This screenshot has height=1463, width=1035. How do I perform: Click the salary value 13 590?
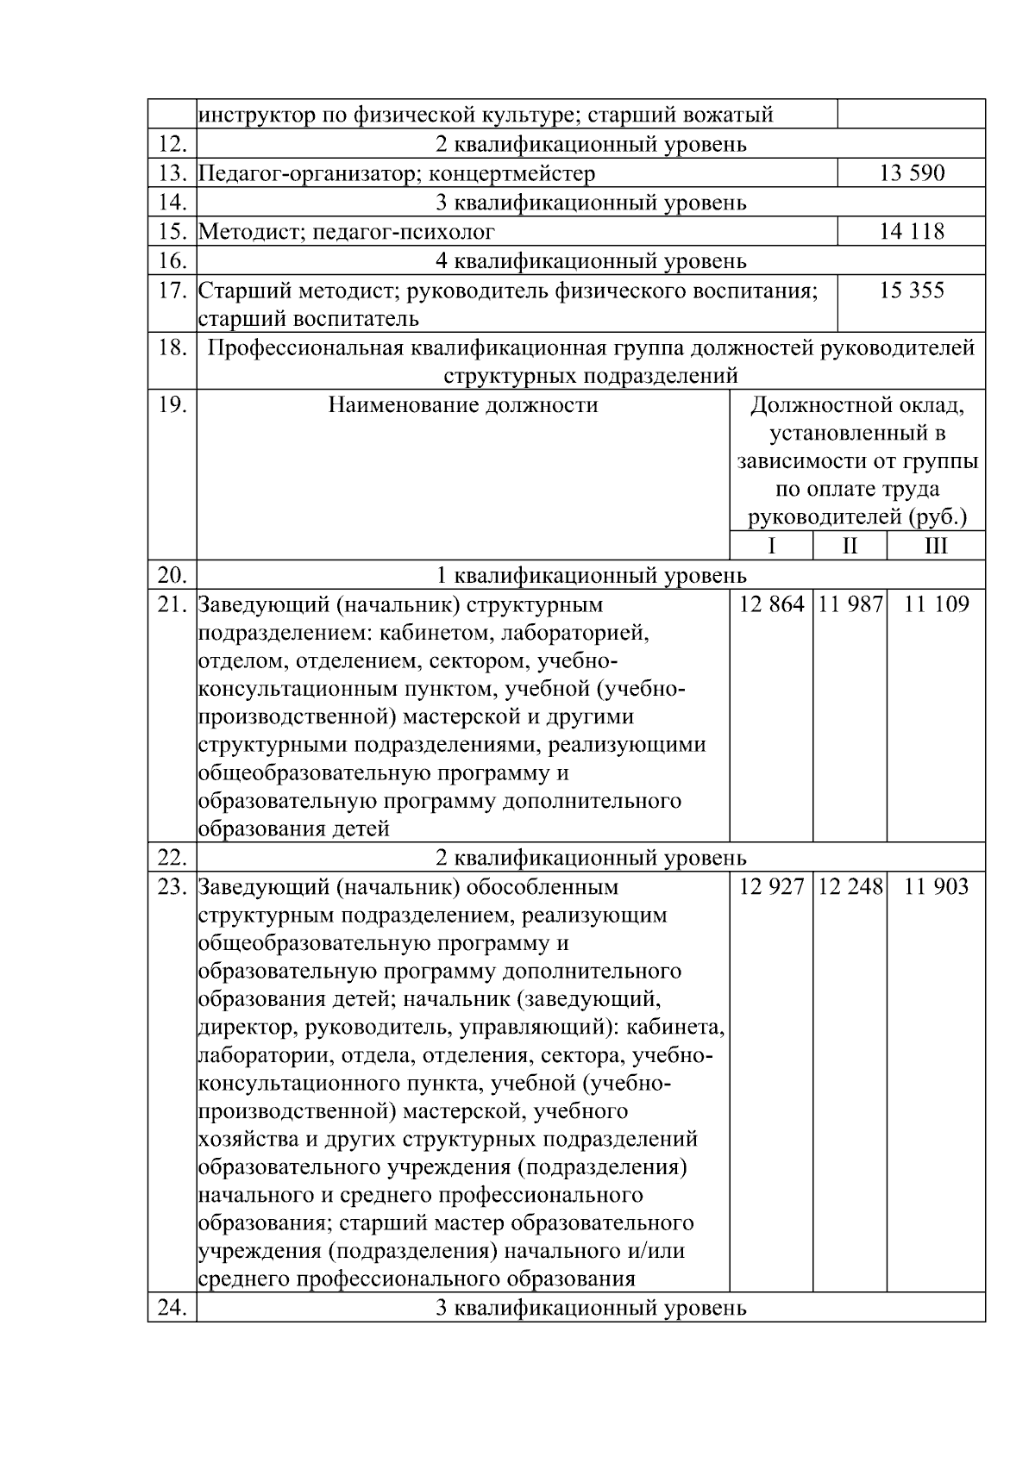coord(912,173)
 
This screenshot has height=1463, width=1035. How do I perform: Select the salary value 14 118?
coord(912,231)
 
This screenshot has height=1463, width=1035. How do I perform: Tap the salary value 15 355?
coord(912,291)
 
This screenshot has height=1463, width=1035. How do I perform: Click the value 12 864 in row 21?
coord(771,604)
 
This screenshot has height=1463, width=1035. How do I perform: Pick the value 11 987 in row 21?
coord(850,604)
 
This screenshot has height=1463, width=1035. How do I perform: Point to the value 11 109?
coord(936,604)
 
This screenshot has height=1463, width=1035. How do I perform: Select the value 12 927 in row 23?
coord(771,887)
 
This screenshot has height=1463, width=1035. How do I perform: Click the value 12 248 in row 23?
coord(850,887)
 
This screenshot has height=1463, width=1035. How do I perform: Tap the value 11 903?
coord(936,887)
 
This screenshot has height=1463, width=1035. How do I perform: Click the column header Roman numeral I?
coord(771,547)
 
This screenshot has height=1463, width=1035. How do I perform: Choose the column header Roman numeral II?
coord(850,547)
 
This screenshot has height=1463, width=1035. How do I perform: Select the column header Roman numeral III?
coord(936,547)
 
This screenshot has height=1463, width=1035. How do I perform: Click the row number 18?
coord(172,347)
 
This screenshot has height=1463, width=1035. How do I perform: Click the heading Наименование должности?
coord(463,405)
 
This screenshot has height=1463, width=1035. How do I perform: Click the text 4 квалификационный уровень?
coord(591,260)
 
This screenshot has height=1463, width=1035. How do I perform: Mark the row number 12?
coord(172,144)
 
